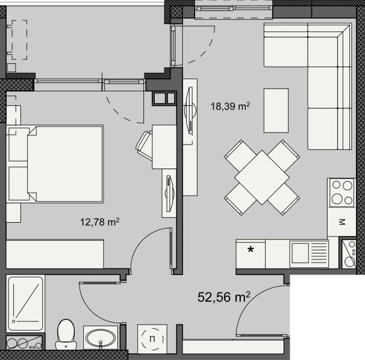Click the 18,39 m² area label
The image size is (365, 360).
(x=230, y=107)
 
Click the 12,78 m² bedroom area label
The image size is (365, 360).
(x=99, y=223)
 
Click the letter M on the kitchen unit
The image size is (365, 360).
(x=343, y=223)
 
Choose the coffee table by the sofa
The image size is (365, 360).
(x=276, y=110)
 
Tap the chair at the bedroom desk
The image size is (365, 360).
(x=146, y=145)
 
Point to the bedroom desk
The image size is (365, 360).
(x=163, y=146)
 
